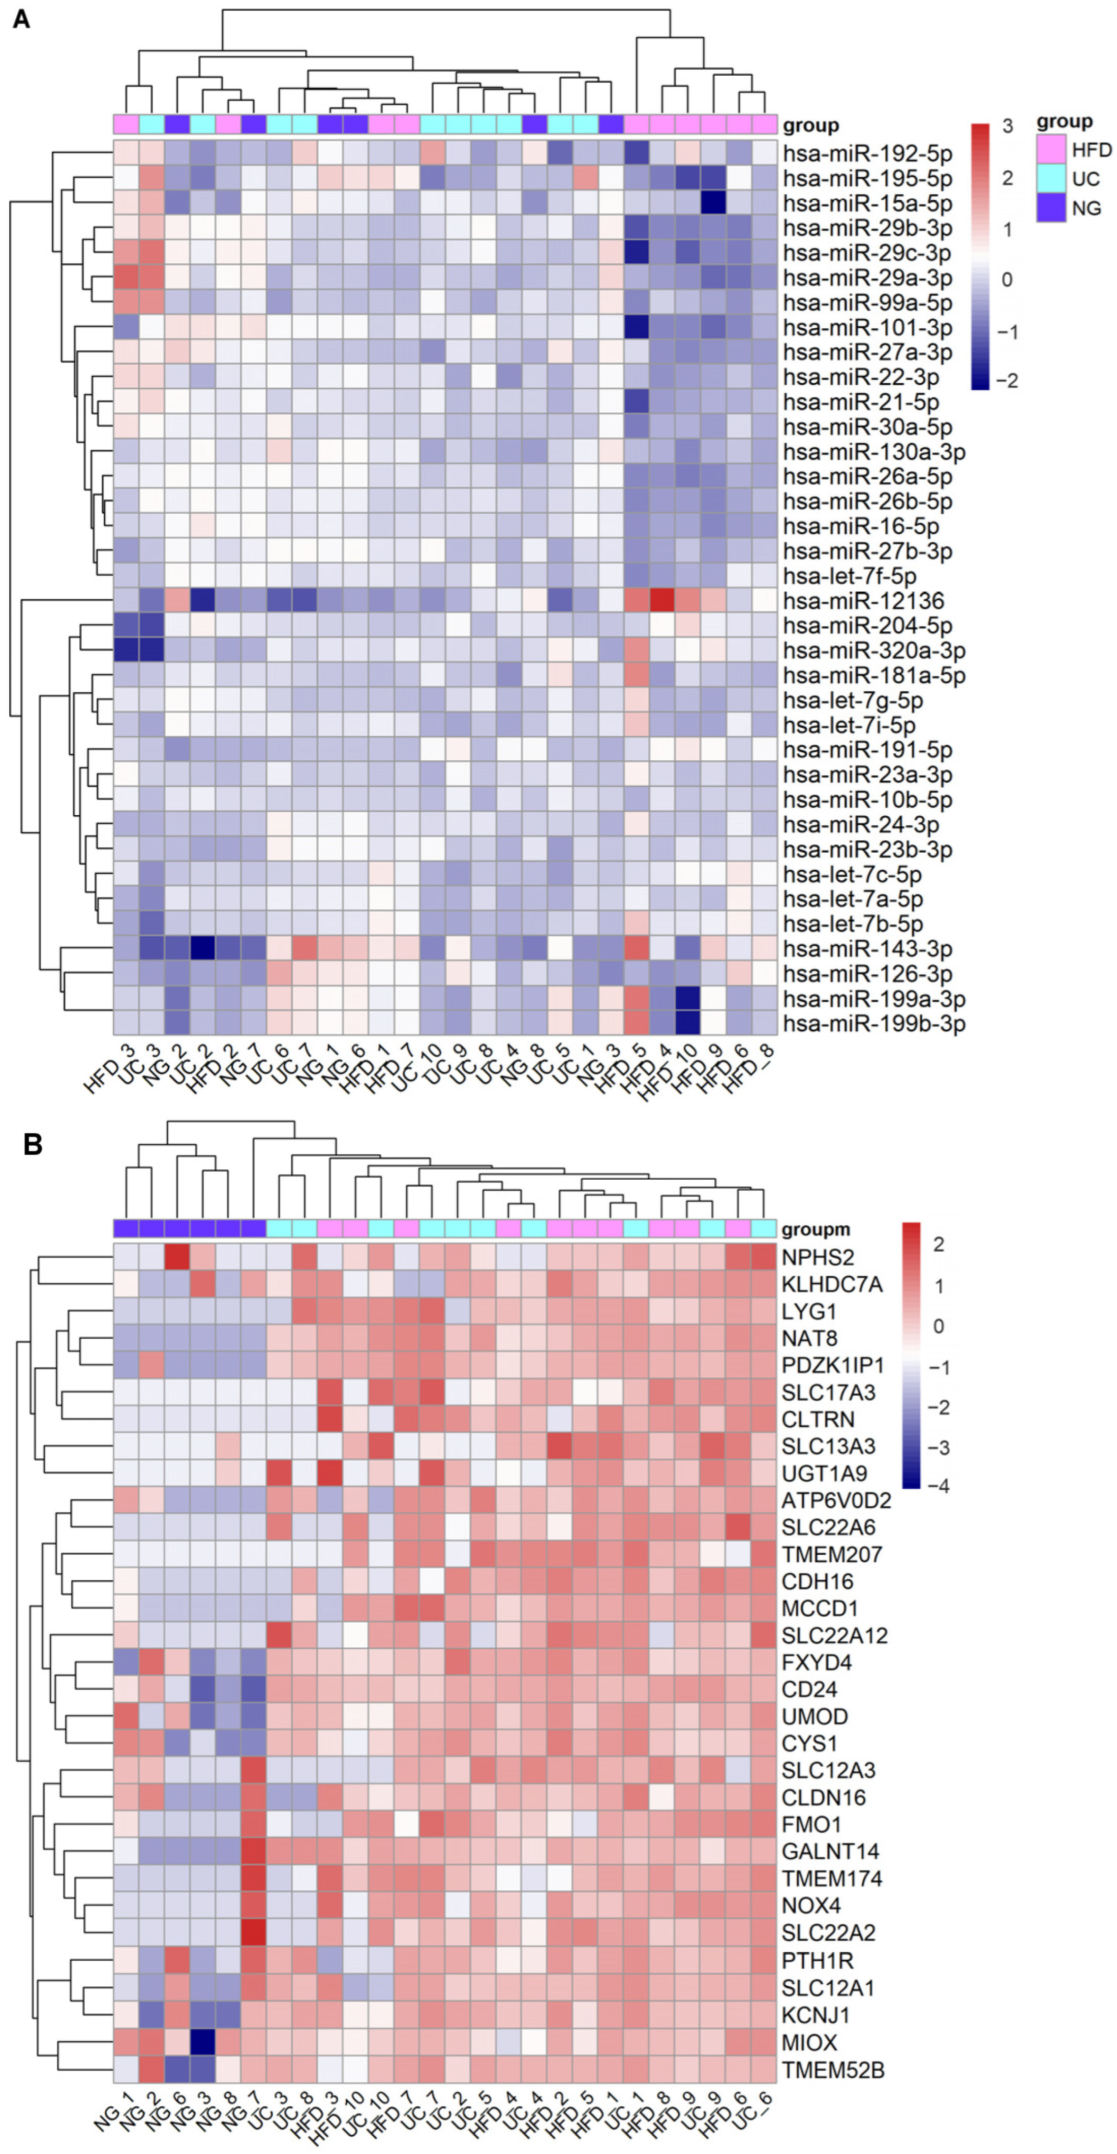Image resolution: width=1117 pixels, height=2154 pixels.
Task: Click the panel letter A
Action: tap(21, 18)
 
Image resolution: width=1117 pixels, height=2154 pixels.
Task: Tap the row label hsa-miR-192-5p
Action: tap(867, 154)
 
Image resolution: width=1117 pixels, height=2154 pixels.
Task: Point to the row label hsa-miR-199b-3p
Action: tap(874, 1023)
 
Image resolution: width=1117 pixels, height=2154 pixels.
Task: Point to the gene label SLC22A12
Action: tap(834, 1635)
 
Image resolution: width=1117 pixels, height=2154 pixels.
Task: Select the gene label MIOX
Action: tap(809, 2043)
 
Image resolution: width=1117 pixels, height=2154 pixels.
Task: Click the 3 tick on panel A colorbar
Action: tap(1007, 126)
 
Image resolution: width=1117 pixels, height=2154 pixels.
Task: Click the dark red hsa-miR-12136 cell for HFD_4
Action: tap(662, 600)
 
